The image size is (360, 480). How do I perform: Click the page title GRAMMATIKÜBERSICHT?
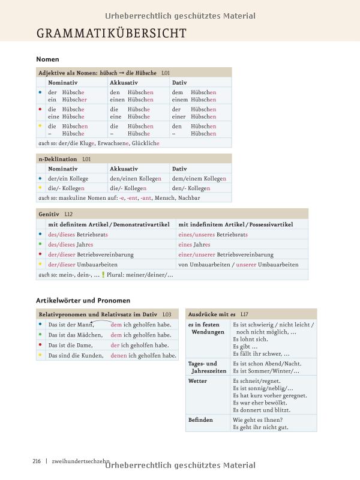[x=112, y=33]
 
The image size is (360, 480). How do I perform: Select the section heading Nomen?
[x=47, y=59]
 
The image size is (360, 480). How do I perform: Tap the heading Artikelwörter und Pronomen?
[x=83, y=300]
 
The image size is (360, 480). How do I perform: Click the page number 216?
[x=37, y=461]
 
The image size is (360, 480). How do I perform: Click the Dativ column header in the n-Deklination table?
[x=179, y=169]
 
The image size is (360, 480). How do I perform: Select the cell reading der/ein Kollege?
[x=68, y=179]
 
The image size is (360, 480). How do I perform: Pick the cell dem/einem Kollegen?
[x=199, y=179]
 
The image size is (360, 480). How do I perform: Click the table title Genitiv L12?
[x=55, y=214]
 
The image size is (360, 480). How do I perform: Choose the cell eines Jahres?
[x=194, y=244]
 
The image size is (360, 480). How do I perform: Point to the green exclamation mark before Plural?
[x=103, y=275]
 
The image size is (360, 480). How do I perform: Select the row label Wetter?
[x=197, y=381]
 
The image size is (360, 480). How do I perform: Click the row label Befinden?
[x=200, y=420]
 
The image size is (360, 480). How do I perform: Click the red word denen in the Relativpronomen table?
[x=119, y=355]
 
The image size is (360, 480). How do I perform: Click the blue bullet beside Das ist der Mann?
[x=40, y=325]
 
